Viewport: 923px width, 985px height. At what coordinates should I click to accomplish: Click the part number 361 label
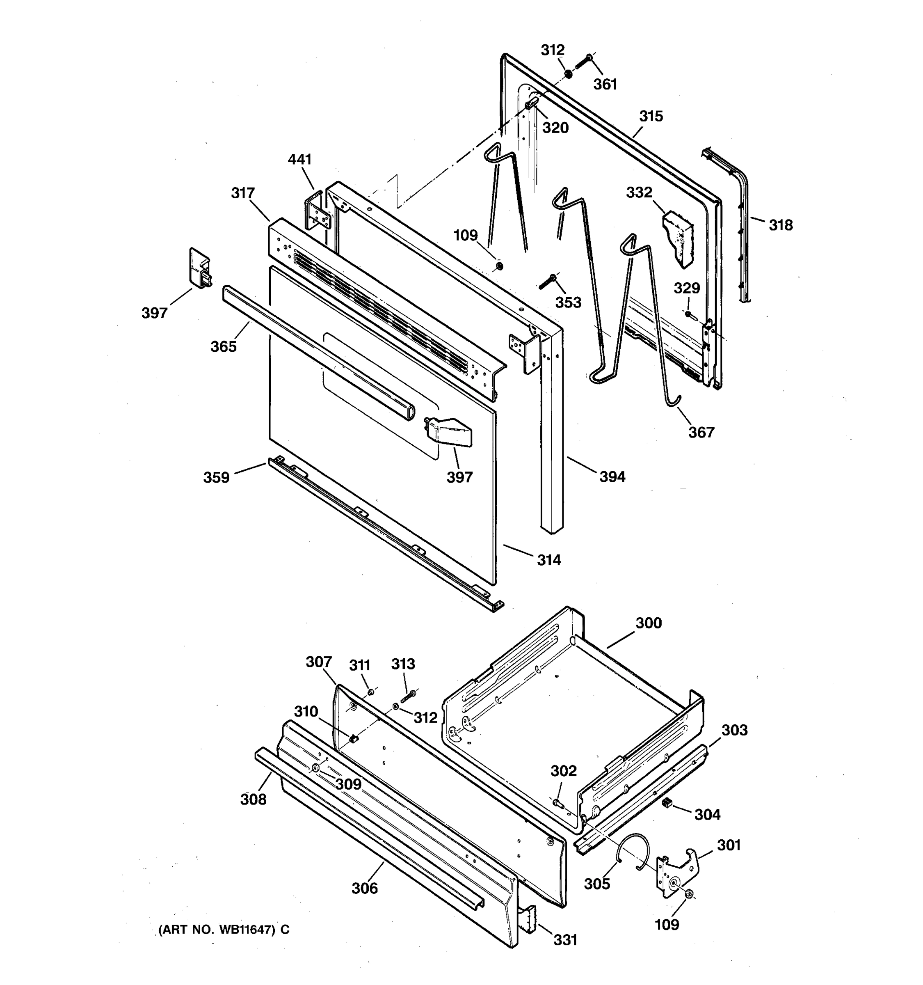pyautogui.click(x=605, y=84)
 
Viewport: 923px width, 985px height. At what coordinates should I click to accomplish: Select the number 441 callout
pyautogui.click(x=299, y=159)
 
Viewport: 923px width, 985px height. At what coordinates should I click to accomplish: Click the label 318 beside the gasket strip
pyautogui.click(x=780, y=225)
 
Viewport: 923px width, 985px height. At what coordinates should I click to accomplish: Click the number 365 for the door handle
pyautogui.click(x=223, y=346)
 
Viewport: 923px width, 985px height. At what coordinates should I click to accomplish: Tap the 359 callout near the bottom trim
pyautogui.click(x=216, y=477)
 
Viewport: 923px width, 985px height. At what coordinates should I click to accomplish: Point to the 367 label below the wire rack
pyautogui.click(x=701, y=432)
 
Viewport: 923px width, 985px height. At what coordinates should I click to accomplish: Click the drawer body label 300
pyautogui.click(x=648, y=623)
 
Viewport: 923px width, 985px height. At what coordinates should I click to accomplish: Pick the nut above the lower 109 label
pyautogui.click(x=689, y=894)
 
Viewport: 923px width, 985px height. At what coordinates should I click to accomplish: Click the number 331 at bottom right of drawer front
pyautogui.click(x=565, y=940)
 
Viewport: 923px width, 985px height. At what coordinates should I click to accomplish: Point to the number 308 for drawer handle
pyautogui.click(x=253, y=799)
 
